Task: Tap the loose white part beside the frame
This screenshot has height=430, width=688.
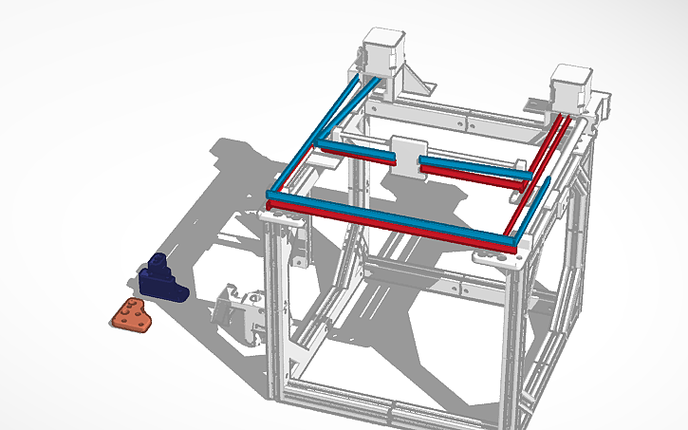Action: (241, 309)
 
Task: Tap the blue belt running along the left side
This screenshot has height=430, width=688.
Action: (318, 138)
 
